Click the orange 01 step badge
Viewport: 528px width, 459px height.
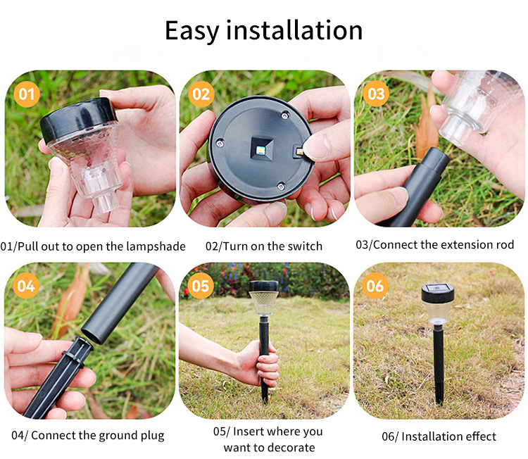click(27, 94)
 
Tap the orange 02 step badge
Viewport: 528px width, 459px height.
click(201, 94)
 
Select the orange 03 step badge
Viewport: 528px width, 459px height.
click(376, 94)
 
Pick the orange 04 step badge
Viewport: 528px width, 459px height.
click(26, 286)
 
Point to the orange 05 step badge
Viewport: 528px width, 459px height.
click(201, 286)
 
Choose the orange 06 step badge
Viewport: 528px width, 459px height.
click(375, 286)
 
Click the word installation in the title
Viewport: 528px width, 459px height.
click(294, 30)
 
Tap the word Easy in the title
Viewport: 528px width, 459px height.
click(192, 31)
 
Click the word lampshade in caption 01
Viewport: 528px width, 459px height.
click(156, 246)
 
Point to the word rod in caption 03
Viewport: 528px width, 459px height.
click(505, 244)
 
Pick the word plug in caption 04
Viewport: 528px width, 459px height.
click(153, 436)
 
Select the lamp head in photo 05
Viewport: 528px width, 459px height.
click(264, 297)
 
